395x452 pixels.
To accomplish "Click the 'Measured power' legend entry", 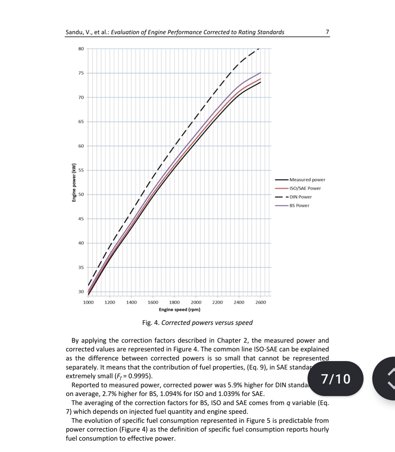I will tap(307, 180).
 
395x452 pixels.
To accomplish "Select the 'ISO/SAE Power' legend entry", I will tap(305, 188).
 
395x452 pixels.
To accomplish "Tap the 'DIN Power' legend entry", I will tap(301, 197).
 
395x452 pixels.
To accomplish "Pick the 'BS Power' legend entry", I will tap(299, 205).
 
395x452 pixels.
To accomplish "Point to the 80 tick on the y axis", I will tap(81, 49).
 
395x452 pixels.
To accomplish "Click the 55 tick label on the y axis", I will tap(81, 170).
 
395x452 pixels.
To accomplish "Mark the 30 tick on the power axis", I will tap(81, 291).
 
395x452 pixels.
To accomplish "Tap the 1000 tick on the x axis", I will tap(88, 302).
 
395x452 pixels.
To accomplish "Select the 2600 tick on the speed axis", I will tap(261, 302).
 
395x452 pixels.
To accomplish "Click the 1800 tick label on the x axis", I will tap(174, 302).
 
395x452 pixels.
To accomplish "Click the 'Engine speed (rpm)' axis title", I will tap(180, 309).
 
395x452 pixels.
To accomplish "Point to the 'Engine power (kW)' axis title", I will tap(74, 183).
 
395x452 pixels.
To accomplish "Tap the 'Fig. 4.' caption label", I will tap(151, 323).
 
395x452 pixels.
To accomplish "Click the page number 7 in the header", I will tap(327, 32).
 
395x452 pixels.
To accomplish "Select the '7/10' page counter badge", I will tap(336, 379).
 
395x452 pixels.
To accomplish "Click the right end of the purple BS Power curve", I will tap(260, 73).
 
